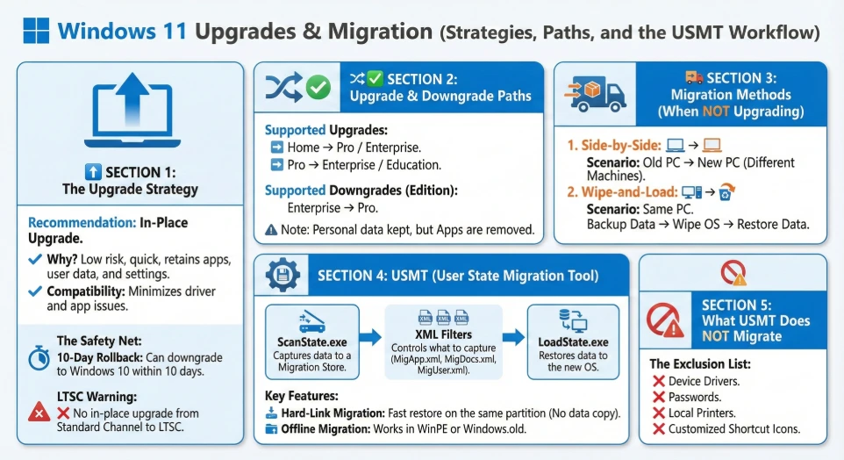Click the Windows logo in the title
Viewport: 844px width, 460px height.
(35, 31)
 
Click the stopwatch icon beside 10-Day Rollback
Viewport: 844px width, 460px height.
(39, 357)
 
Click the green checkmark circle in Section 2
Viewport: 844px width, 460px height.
(317, 87)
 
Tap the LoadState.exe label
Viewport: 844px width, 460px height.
(573, 341)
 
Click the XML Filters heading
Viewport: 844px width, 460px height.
(443, 334)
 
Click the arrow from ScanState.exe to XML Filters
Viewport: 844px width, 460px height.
(371, 337)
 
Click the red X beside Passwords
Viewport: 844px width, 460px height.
(658, 397)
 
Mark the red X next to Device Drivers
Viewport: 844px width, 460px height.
(658, 381)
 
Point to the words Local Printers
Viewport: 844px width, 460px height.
(702, 413)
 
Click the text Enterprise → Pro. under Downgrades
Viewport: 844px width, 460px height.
(333, 208)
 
